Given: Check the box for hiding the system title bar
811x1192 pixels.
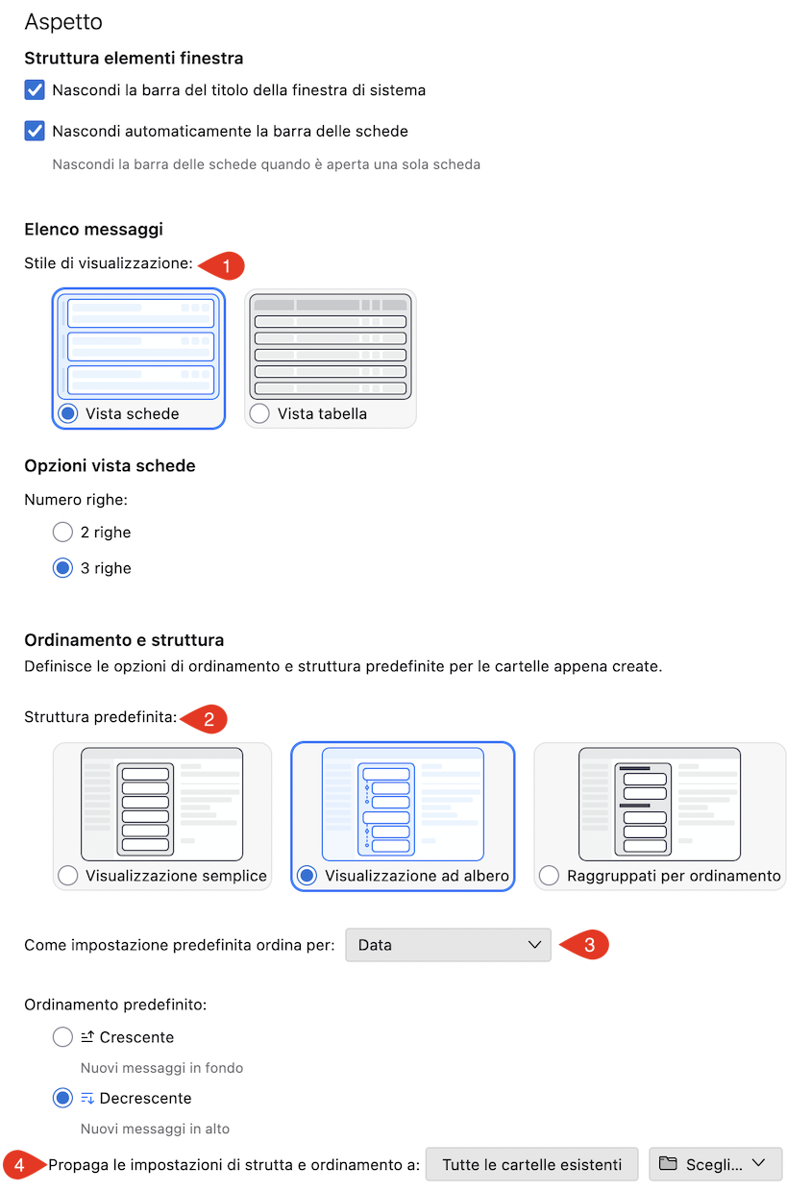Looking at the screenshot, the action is [35, 90].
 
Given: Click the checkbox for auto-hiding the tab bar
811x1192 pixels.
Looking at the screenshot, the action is [35, 131].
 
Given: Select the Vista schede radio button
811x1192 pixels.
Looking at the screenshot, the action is [68, 413].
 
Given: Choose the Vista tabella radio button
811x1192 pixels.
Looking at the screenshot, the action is [259, 413].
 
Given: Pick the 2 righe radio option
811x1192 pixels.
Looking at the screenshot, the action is [62, 532].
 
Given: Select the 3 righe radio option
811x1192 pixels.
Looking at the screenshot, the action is [62, 568].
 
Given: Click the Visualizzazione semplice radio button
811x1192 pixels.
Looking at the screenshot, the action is [68, 876].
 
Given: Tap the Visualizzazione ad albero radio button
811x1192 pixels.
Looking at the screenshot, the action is [307, 876].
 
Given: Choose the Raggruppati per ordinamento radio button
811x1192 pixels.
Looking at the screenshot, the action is [549, 876].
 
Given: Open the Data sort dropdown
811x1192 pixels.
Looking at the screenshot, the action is [448, 945].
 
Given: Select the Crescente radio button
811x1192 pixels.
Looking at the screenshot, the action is [62, 1037].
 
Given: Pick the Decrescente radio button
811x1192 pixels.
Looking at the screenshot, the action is [62, 1098].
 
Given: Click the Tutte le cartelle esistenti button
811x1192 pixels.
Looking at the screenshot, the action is [531, 1165].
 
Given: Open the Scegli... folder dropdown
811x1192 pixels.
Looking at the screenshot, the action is [715, 1165].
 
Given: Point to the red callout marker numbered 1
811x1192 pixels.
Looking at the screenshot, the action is [223, 265].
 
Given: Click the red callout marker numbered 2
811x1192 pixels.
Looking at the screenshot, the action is [205, 719].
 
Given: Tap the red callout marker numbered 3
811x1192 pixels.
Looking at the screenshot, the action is [585, 945].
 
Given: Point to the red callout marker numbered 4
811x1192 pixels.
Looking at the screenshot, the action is [23, 1165].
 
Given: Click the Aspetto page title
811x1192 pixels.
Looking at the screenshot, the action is [63, 22].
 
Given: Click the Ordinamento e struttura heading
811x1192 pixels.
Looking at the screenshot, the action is [124, 639].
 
